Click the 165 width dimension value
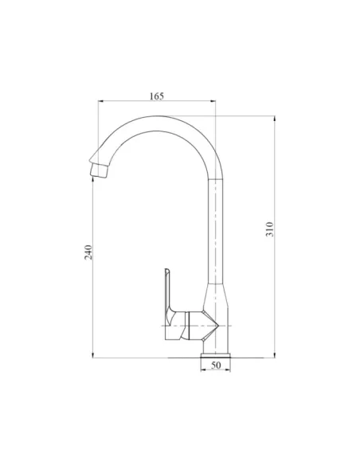[x=156, y=96]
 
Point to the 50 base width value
[x=215, y=365]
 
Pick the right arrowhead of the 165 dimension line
[x=215, y=102]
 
